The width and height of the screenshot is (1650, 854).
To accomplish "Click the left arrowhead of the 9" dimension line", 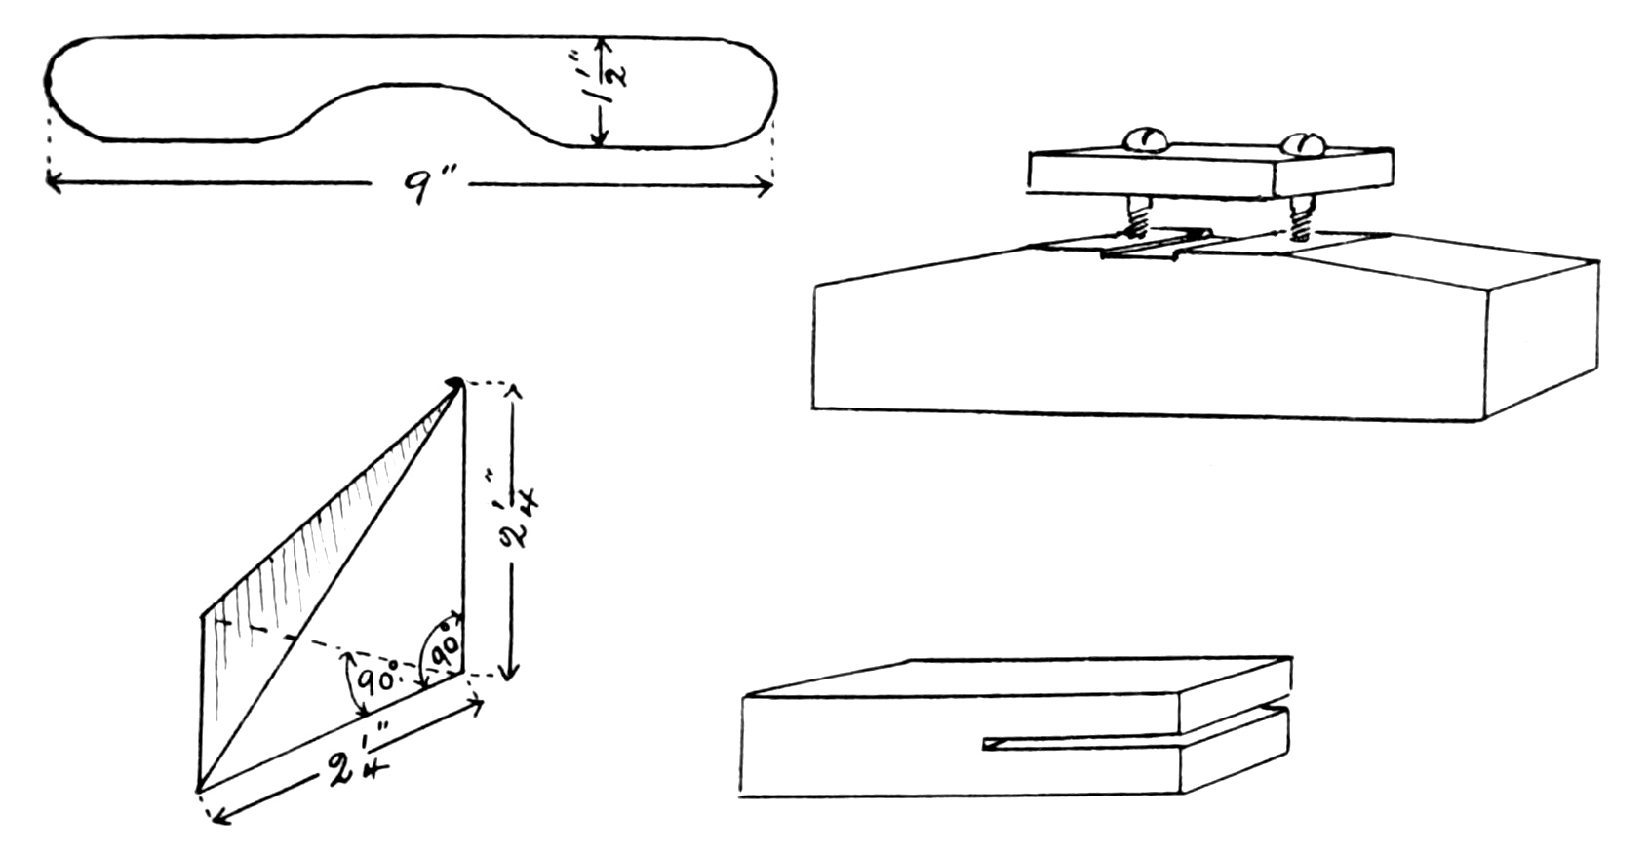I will click(x=52, y=181).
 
